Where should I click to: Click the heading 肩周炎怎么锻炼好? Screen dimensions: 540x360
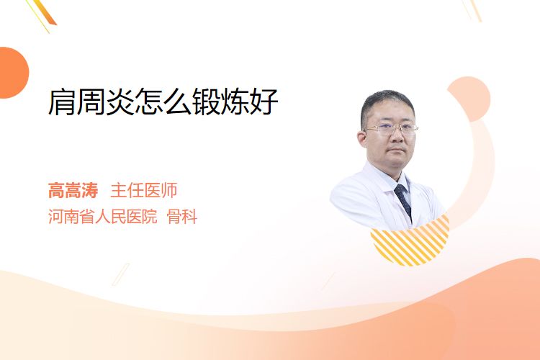click(163, 102)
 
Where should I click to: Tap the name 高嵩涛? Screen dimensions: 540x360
click(73, 190)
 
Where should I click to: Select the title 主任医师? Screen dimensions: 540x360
click(143, 190)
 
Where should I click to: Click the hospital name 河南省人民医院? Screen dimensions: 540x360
click(103, 217)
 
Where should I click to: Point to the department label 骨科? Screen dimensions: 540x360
click(182, 217)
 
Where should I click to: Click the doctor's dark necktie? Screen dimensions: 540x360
click(404, 200)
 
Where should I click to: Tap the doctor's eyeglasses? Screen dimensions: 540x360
click(391, 130)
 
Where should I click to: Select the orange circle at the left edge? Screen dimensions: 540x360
click(13, 73)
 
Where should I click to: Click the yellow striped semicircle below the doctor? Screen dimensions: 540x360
click(410, 243)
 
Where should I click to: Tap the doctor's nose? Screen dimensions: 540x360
click(397, 136)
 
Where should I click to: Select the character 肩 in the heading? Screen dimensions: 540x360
click(62, 102)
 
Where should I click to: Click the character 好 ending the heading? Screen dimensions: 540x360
click(264, 102)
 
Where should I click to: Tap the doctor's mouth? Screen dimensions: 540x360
click(397, 151)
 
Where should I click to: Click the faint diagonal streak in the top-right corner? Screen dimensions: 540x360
click(472, 10)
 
